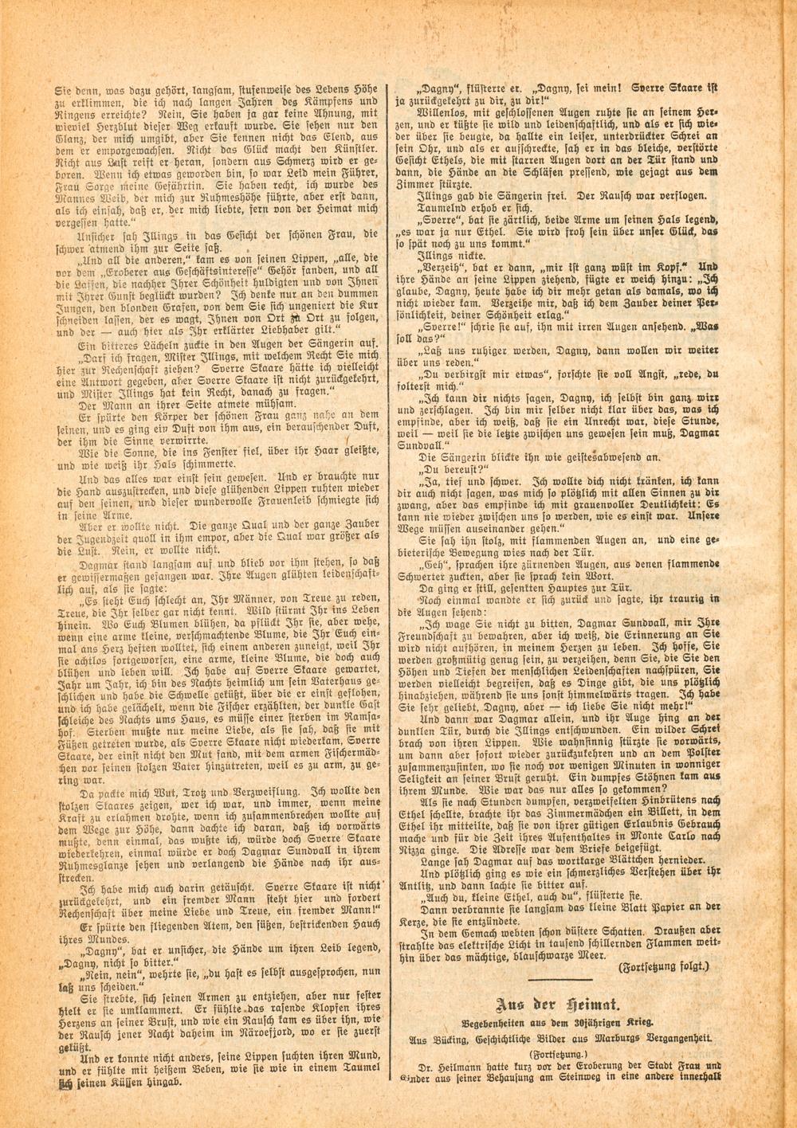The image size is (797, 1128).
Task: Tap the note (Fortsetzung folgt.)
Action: [x=662, y=965]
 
